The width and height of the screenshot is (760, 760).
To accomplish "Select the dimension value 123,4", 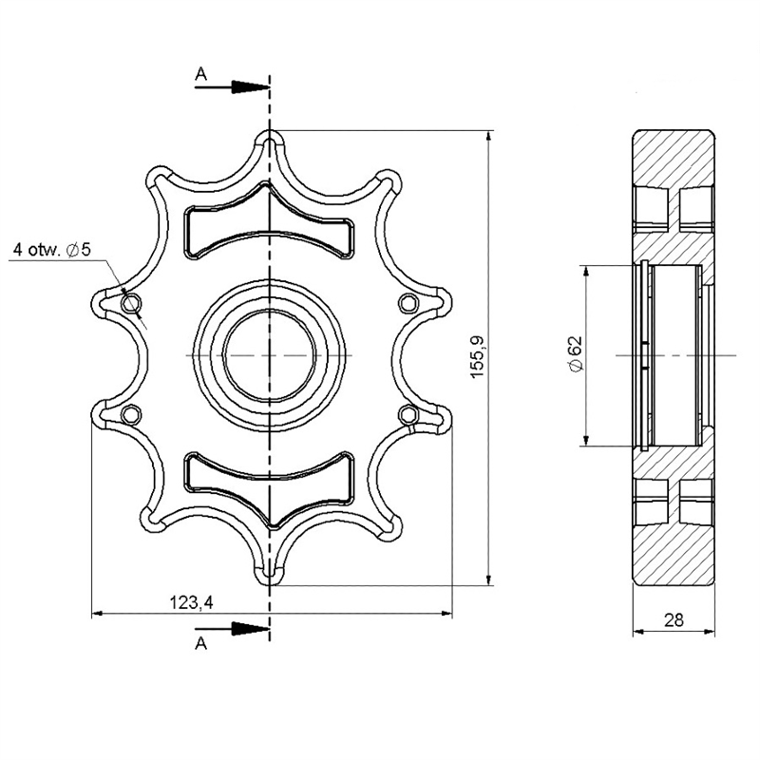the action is tap(191, 602).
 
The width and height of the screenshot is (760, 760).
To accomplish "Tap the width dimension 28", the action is tap(674, 620).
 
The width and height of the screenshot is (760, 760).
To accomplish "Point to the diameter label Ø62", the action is tap(576, 353).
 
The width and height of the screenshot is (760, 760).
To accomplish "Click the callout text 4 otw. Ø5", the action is tap(52, 250).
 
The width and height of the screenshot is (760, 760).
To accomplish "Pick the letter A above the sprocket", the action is tap(200, 74).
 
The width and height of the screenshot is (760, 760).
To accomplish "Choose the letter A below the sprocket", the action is tap(200, 643).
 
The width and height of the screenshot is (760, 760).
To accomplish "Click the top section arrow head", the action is tap(250, 87).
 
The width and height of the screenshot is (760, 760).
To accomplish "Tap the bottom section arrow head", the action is tap(250, 629).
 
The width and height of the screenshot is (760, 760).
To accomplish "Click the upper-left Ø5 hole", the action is tap(130, 304).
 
